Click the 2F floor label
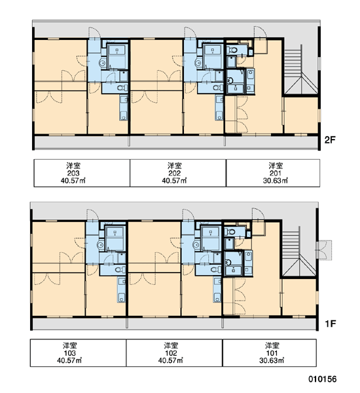click(x=330, y=140)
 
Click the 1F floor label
click(x=330, y=324)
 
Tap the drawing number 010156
click(x=323, y=379)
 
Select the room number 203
click(x=73, y=173)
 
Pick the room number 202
click(x=174, y=173)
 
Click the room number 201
click(x=276, y=173)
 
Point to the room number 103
click(x=69, y=353)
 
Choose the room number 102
click(x=171, y=353)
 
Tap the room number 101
click(x=272, y=353)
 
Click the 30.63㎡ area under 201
click(x=276, y=181)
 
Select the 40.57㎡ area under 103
click(x=69, y=360)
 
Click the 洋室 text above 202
click(x=174, y=166)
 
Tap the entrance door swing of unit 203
click(x=94, y=33)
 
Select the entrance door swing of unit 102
click(x=189, y=215)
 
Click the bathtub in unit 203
click(x=117, y=56)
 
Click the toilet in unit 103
click(x=120, y=270)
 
